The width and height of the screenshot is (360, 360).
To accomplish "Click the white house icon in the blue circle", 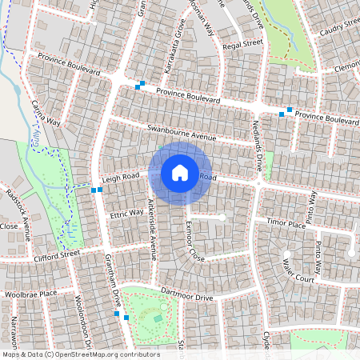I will point(180,172).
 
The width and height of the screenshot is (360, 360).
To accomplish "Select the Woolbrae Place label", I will point(30,294).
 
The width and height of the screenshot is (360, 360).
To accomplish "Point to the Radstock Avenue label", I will point(18,214).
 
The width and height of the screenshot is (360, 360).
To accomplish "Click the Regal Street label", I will point(243,43).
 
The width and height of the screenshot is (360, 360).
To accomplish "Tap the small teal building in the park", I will point(158,318).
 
